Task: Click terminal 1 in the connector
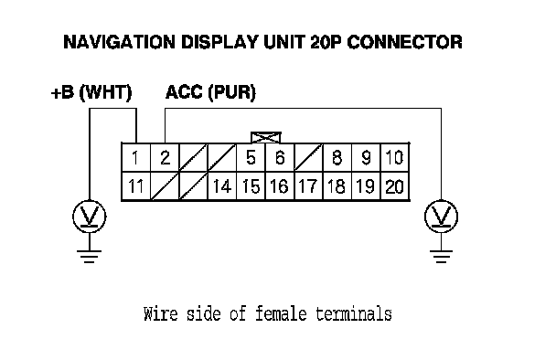(136, 158)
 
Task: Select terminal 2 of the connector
(165, 158)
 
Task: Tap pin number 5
(251, 158)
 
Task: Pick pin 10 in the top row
(395, 158)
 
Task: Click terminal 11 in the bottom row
(136, 186)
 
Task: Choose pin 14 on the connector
(222, 186)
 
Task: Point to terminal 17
(308, 186)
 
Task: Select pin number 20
(395, 186)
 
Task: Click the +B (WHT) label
(91, 93)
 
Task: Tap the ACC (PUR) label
(210, 93)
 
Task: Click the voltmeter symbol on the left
(90, 217)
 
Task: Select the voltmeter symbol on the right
(441, 217)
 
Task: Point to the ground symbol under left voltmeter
(90, 257)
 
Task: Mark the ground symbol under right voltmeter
(441, 257)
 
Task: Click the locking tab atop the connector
(266, 137)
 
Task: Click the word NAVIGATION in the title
(120, 42)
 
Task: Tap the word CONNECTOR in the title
(404, 42)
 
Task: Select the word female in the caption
(281, 314)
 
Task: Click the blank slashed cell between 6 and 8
(308, 158)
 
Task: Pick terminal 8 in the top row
(337, 158)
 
